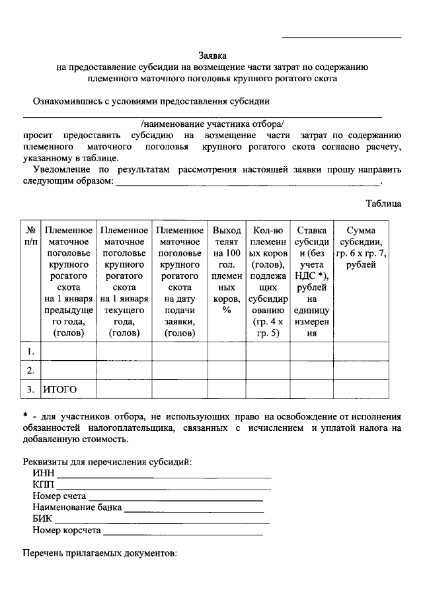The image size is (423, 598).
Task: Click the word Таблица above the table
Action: click(384, 204)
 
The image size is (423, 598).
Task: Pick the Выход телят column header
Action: click(227, 270)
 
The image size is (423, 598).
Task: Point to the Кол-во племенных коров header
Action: click(268, 281)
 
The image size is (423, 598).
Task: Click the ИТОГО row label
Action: click(60, 390)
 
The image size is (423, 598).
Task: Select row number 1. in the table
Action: click(30, 351)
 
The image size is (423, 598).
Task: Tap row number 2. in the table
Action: click(30, 370)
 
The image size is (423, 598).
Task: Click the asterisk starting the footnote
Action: click(24, 416)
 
